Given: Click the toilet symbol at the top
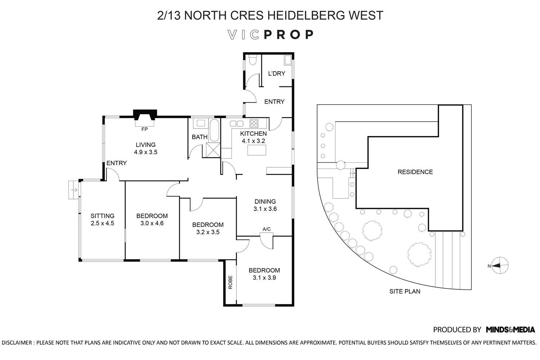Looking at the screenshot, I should click(x=253, y=60).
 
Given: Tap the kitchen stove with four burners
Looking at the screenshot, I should click(x=254, y=123).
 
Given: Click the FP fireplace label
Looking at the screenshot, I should click(x=144, y=129).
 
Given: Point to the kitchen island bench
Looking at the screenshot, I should click(x=256, y=150).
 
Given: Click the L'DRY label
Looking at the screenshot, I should click(x=276, y=73).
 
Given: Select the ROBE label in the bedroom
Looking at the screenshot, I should click(x=230, y=282).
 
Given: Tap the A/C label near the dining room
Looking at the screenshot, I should click(x=267, y=229).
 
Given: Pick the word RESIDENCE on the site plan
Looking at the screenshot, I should click(x=415, y=172).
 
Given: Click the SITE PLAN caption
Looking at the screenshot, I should click(x=405, y=291).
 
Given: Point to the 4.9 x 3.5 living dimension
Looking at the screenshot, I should click(x=146, y=152).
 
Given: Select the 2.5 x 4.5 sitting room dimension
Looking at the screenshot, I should click(x=102, y=223).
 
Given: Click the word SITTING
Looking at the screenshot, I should click(x=102, y=216).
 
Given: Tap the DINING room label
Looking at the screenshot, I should click(x=265, y=202).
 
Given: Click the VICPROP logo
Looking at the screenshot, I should click(x=270, y=35).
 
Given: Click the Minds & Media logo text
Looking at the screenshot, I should click(x=510, y=329).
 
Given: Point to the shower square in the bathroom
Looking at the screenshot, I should click(x=213, y=150).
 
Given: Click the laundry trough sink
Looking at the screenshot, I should click(x=288, y=60).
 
